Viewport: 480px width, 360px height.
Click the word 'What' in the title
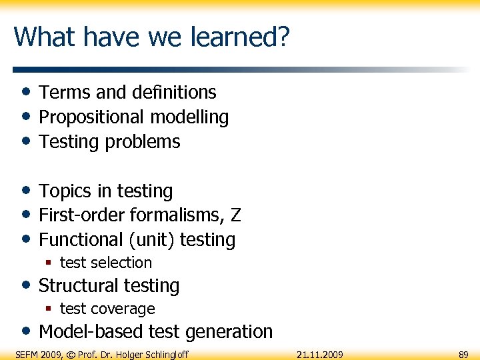(41, 37)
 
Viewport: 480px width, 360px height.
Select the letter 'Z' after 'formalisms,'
(235, 215)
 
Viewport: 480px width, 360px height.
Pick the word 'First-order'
(83, 215)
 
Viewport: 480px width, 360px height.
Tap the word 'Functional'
(81, 240)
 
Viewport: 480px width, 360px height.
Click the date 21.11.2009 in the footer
(319, 354)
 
